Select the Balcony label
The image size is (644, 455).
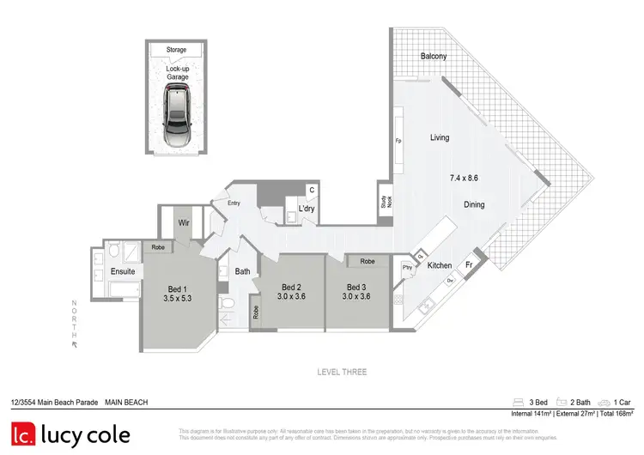[x=434, y=57]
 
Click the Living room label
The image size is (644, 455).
[x=440, y=137]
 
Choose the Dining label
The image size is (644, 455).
[x=475, y=205]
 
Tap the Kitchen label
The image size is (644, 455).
[x=440, y=265]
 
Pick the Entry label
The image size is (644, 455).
[x=234, y=203]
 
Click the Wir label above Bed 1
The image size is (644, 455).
[x=184, y=222]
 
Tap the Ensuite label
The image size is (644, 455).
[x=123, y=272]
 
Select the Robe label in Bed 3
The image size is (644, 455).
[x=368, y=261]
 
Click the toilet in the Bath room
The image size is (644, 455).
[x=226, y=304]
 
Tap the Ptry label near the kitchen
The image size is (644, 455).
[x=407, y=267]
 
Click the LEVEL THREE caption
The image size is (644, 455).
[x=342, y=372]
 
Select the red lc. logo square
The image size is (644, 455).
[x=23, y=435]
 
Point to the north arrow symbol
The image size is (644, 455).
[x=75, y=343]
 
